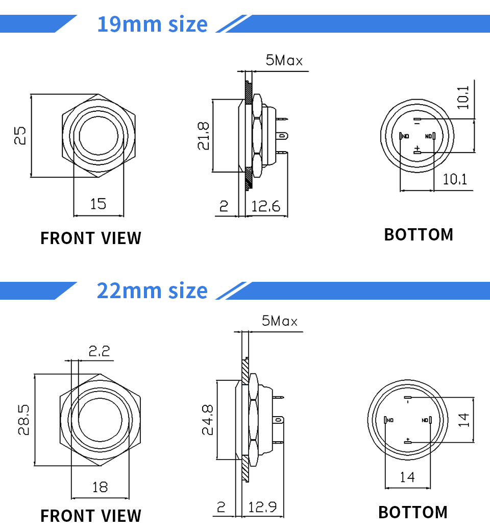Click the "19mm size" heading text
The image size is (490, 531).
(x=152, y=24)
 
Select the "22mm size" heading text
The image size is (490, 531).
(x=152, y=291)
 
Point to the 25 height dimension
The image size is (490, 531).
(x=20, y=136)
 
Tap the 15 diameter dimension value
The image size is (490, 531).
(x=98, y=204)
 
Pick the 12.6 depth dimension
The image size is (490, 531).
(x=265, y=206)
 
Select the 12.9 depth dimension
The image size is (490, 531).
(x=262, y=507)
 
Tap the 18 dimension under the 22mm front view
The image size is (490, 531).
(x=100, y=487)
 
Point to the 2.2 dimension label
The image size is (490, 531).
(x=99, y=351)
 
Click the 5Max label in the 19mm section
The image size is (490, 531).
(x=284, y=61)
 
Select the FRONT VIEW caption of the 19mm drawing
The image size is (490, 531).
(x=91, y=238)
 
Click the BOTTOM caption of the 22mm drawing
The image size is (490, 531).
(x=412, y=512)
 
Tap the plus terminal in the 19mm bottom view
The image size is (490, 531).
(x=417, y=150)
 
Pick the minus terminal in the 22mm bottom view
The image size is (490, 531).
(x=407, y=398)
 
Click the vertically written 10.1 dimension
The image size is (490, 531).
(x=462, y=97)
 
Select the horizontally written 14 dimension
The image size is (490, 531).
(x=407, y=477)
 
